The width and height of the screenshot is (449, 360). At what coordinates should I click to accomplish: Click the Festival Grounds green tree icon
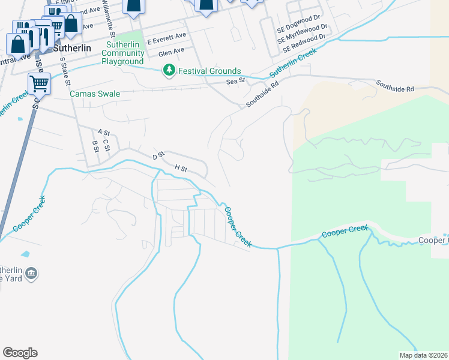pyautogui.click(x=170, y=71)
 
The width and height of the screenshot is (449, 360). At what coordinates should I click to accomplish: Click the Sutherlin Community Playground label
pyautogui.click(x=122, y=53)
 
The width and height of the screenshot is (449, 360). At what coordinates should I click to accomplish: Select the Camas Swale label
pyautogui.click(x=95, y=94)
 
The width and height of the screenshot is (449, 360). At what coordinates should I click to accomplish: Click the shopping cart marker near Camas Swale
pyautogui.click(x=39, y=85)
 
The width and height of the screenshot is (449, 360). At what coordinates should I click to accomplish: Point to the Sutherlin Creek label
pyautogui.click(x=292, y=63)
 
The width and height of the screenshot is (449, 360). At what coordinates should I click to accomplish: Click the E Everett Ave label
pyautogui.click(x=167, y=37)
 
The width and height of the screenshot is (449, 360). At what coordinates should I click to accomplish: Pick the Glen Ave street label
pyautogui.click(x=172, y=53)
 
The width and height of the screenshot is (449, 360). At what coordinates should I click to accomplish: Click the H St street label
pyautogui.click(x=181, y=169)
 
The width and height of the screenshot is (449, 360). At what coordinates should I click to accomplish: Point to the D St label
pyautogui.click(x=158, y=155)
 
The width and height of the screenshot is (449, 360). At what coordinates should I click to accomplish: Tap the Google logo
pyautogui.click(x=20, y=353)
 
